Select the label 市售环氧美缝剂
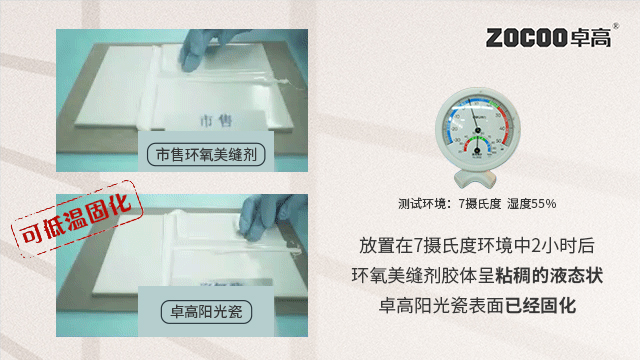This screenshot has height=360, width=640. pyautogui.click(x=207, y=155)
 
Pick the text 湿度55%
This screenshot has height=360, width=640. pyautogui.click(x=531, y=203)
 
